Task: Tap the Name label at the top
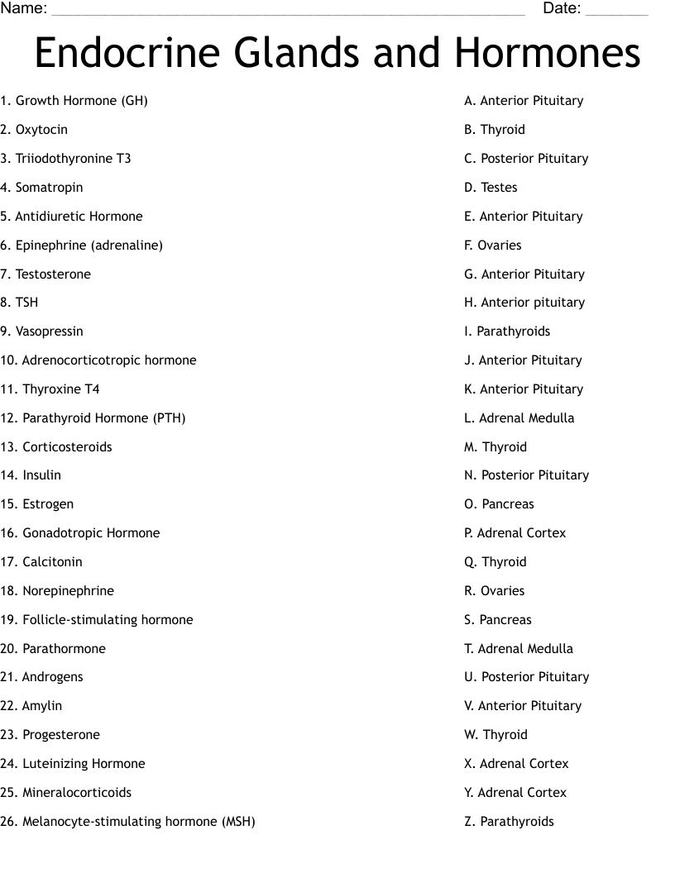point(23,9)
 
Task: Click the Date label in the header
point(562,9)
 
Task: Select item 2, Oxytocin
point(34,130)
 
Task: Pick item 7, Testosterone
point(45,274)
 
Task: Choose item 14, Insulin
point(31,475)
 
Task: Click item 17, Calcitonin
point(41,562)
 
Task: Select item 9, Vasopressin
point(41,332)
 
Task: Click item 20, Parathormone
point(53,649)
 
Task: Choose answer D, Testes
point(491,188)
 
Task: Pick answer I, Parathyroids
point(507,332)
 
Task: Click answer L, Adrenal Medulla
point(519,418)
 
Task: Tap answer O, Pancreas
point(499,504)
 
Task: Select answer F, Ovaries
point(492,246)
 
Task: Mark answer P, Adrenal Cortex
point(515,533)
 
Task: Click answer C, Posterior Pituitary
point(526,159)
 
